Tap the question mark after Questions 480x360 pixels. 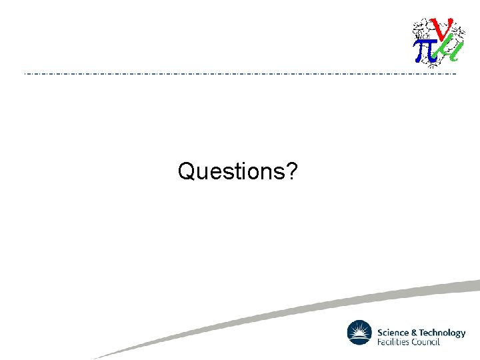pyautogui.click(x=291, y=171)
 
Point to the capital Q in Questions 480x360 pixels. pyautogui.click(x=187, y=172)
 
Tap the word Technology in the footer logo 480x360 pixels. pyautogui.click(x=442, y=333)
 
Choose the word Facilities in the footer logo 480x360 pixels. pyautogui.click(x=394, y=342)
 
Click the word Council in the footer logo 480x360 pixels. pyautogui.click(x=427, y=342)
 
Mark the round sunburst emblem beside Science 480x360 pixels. pyautogui.click(x=359, y=333)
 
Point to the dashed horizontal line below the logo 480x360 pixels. pyautogui.click(x=240, y=73)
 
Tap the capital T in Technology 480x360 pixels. pyautogui.click(x=421, y=333)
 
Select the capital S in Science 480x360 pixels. pyautogui.click(x=380, y=333)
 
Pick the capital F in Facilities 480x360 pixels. pyautogui.click(x=379, y=342)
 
